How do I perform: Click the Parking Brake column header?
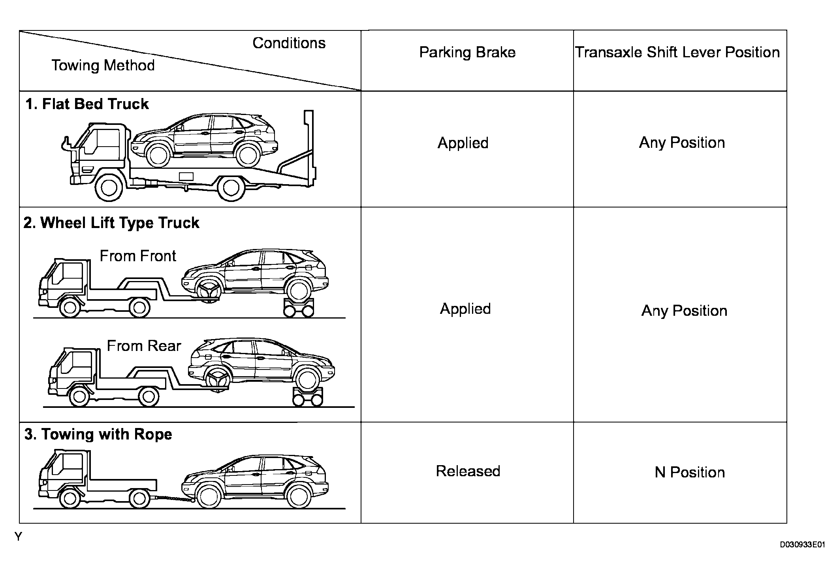467,53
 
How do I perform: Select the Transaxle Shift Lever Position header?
677,53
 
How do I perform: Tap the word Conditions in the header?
289,43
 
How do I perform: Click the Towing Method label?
103,66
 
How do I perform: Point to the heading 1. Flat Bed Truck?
87,104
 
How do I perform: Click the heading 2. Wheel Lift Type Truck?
111,223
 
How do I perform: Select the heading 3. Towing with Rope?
98,434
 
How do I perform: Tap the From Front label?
137,256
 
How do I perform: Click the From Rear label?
144,346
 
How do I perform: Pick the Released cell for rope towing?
468,471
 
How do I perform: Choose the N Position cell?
690,472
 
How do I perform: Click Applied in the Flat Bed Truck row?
463,143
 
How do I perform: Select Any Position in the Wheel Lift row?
684,311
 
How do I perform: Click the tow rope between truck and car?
172,499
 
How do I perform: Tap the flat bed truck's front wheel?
109,188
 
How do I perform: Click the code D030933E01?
802,545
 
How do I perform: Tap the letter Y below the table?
18,537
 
